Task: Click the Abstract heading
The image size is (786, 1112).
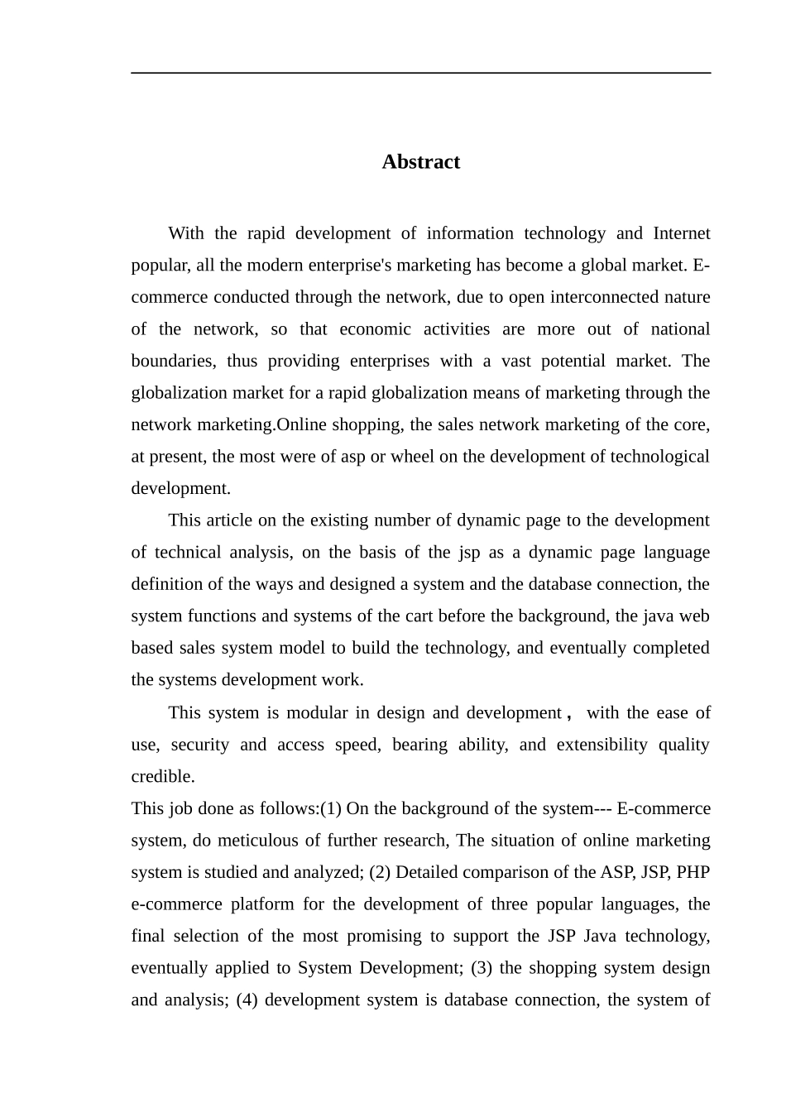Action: click(420, 162)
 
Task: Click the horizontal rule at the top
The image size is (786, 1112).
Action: click(420, 73)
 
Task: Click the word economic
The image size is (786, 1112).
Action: click(375, 329)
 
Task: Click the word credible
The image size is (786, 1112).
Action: click(163, 777)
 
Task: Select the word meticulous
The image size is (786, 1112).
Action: click(257, 841)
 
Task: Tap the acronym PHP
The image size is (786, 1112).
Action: click(693, 873)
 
